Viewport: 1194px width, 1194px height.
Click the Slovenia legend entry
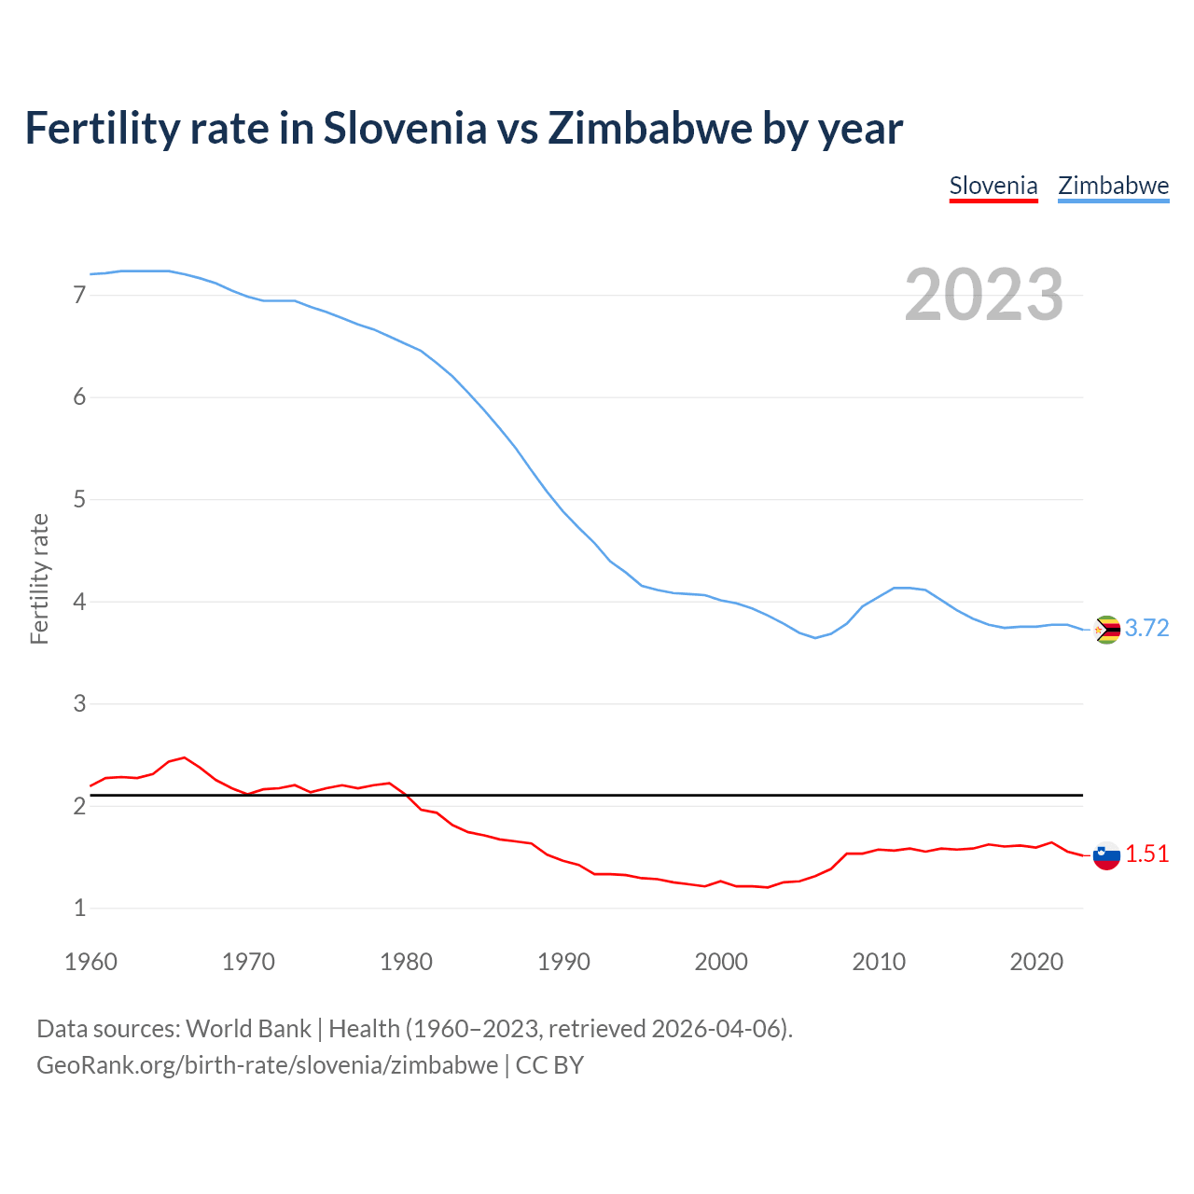coord(993,186)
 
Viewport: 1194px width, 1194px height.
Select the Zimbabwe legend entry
coord(1113,186)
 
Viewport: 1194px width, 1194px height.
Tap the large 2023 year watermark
coord(983,295)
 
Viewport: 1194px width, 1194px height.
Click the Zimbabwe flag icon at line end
coord(1106,630)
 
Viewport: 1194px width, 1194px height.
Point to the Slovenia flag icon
coord(1106,855)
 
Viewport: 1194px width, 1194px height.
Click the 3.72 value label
coord(1146,629)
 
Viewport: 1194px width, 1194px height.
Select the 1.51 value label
coord(1146,854)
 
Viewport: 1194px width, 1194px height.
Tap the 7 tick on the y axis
coord(79,296)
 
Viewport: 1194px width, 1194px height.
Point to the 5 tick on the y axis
coord(79,500)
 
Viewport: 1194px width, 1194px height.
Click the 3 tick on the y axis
coord(79,704)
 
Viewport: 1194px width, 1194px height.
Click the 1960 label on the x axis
coord(90,962)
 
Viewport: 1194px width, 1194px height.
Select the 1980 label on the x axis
coord(406,962)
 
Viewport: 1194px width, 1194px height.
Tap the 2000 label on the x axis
coord(721,962)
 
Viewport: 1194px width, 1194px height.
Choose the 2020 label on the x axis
coord(1036,962)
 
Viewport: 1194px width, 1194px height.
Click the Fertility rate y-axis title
coord(39,578)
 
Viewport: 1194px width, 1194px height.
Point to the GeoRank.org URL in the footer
coord(267,1065)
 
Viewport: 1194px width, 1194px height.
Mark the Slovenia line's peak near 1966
coord(184,757)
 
